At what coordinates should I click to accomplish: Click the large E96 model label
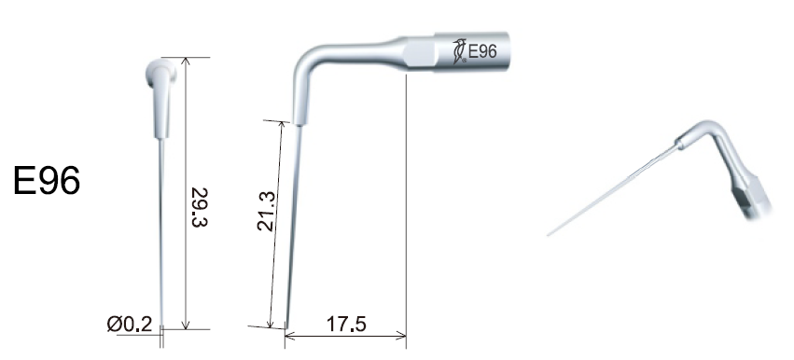(x=47, y=181)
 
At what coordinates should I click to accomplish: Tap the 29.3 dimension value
(x=200, y=207)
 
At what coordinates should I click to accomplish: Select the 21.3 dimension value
(x=266, y=211)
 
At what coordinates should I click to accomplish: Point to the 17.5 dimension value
(x=346, y=324)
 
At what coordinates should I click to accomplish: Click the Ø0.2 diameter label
(x=130, y=324)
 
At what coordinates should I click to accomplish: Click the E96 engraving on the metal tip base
(x=482, y=51)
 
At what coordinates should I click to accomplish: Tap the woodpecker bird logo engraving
(x=459, y=51)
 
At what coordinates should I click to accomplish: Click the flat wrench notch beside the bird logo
(x=419, y=53)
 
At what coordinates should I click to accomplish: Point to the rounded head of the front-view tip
(x=161, y=72)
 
